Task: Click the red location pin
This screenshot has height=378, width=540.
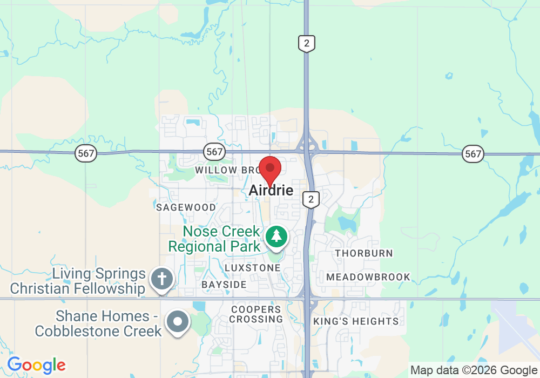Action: coord(270,170)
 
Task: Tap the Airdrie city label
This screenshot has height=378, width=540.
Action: coord(271,191)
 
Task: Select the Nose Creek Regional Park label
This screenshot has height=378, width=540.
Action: coord(214,239)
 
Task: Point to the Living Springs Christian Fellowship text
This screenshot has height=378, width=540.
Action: coord(78,281)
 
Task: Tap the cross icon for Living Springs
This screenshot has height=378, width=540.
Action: coord(161,280)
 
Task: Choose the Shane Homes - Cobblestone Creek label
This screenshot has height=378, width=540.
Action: coord(98,323)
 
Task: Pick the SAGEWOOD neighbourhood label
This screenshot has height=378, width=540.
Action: coord(186,207)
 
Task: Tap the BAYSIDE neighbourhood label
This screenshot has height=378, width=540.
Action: coord(224,285)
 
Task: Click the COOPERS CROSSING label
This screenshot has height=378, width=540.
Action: coord(256,314)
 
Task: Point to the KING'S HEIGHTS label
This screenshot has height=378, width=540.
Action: coord(356,321)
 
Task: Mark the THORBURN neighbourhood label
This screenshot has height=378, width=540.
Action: coord(364,253)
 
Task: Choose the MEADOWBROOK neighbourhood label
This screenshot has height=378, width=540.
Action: coord(369,277)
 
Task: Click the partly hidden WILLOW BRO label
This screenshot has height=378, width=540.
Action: coord(224,170)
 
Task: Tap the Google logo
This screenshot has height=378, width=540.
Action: coord(36,366)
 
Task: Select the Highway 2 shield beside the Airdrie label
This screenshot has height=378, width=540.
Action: coord(310,199)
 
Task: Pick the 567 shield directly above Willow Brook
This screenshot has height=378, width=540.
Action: coord(214,152)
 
